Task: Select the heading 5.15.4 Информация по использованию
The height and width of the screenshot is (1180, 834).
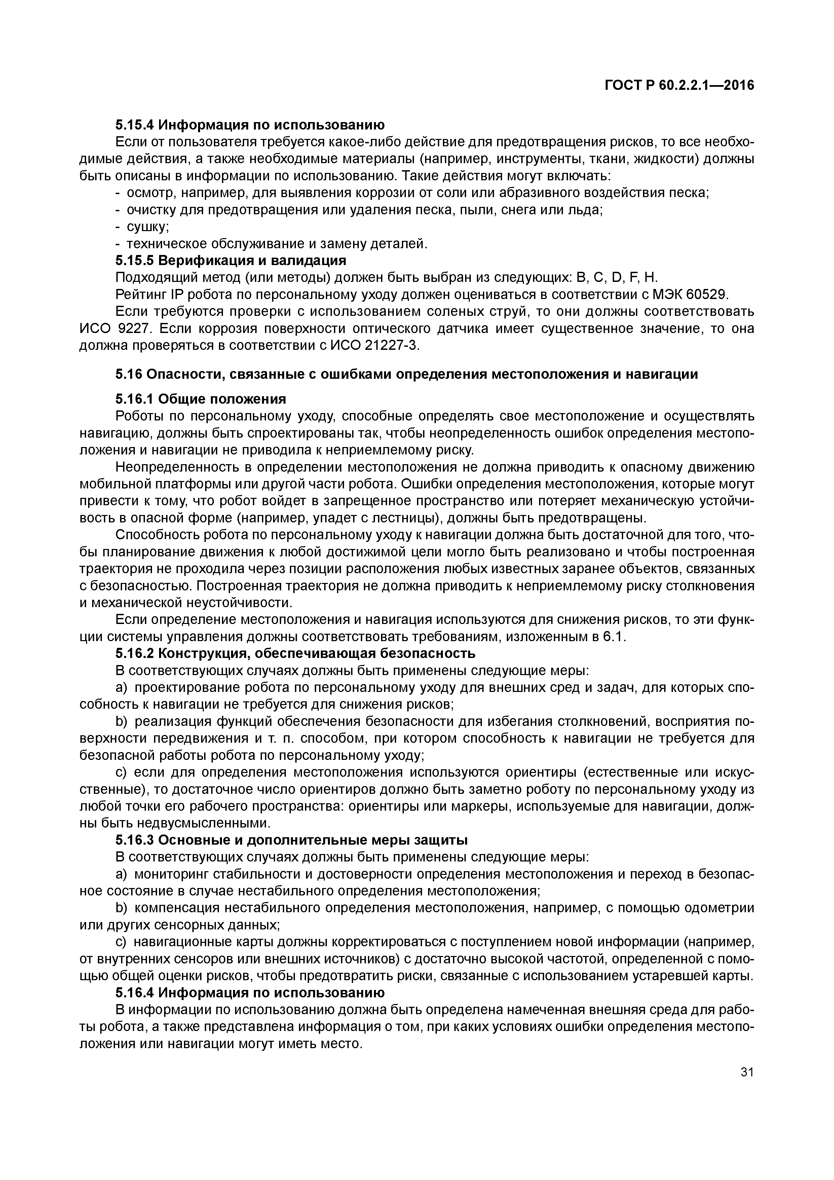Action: pos(250,125)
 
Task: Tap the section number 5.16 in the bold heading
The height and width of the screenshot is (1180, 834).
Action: pos(128,375)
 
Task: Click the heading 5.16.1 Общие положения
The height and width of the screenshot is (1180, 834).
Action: pos(200,399)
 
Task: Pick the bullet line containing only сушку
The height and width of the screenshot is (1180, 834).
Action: pos(148,227)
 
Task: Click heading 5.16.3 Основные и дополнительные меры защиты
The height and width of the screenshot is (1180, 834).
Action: pos(291,840)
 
